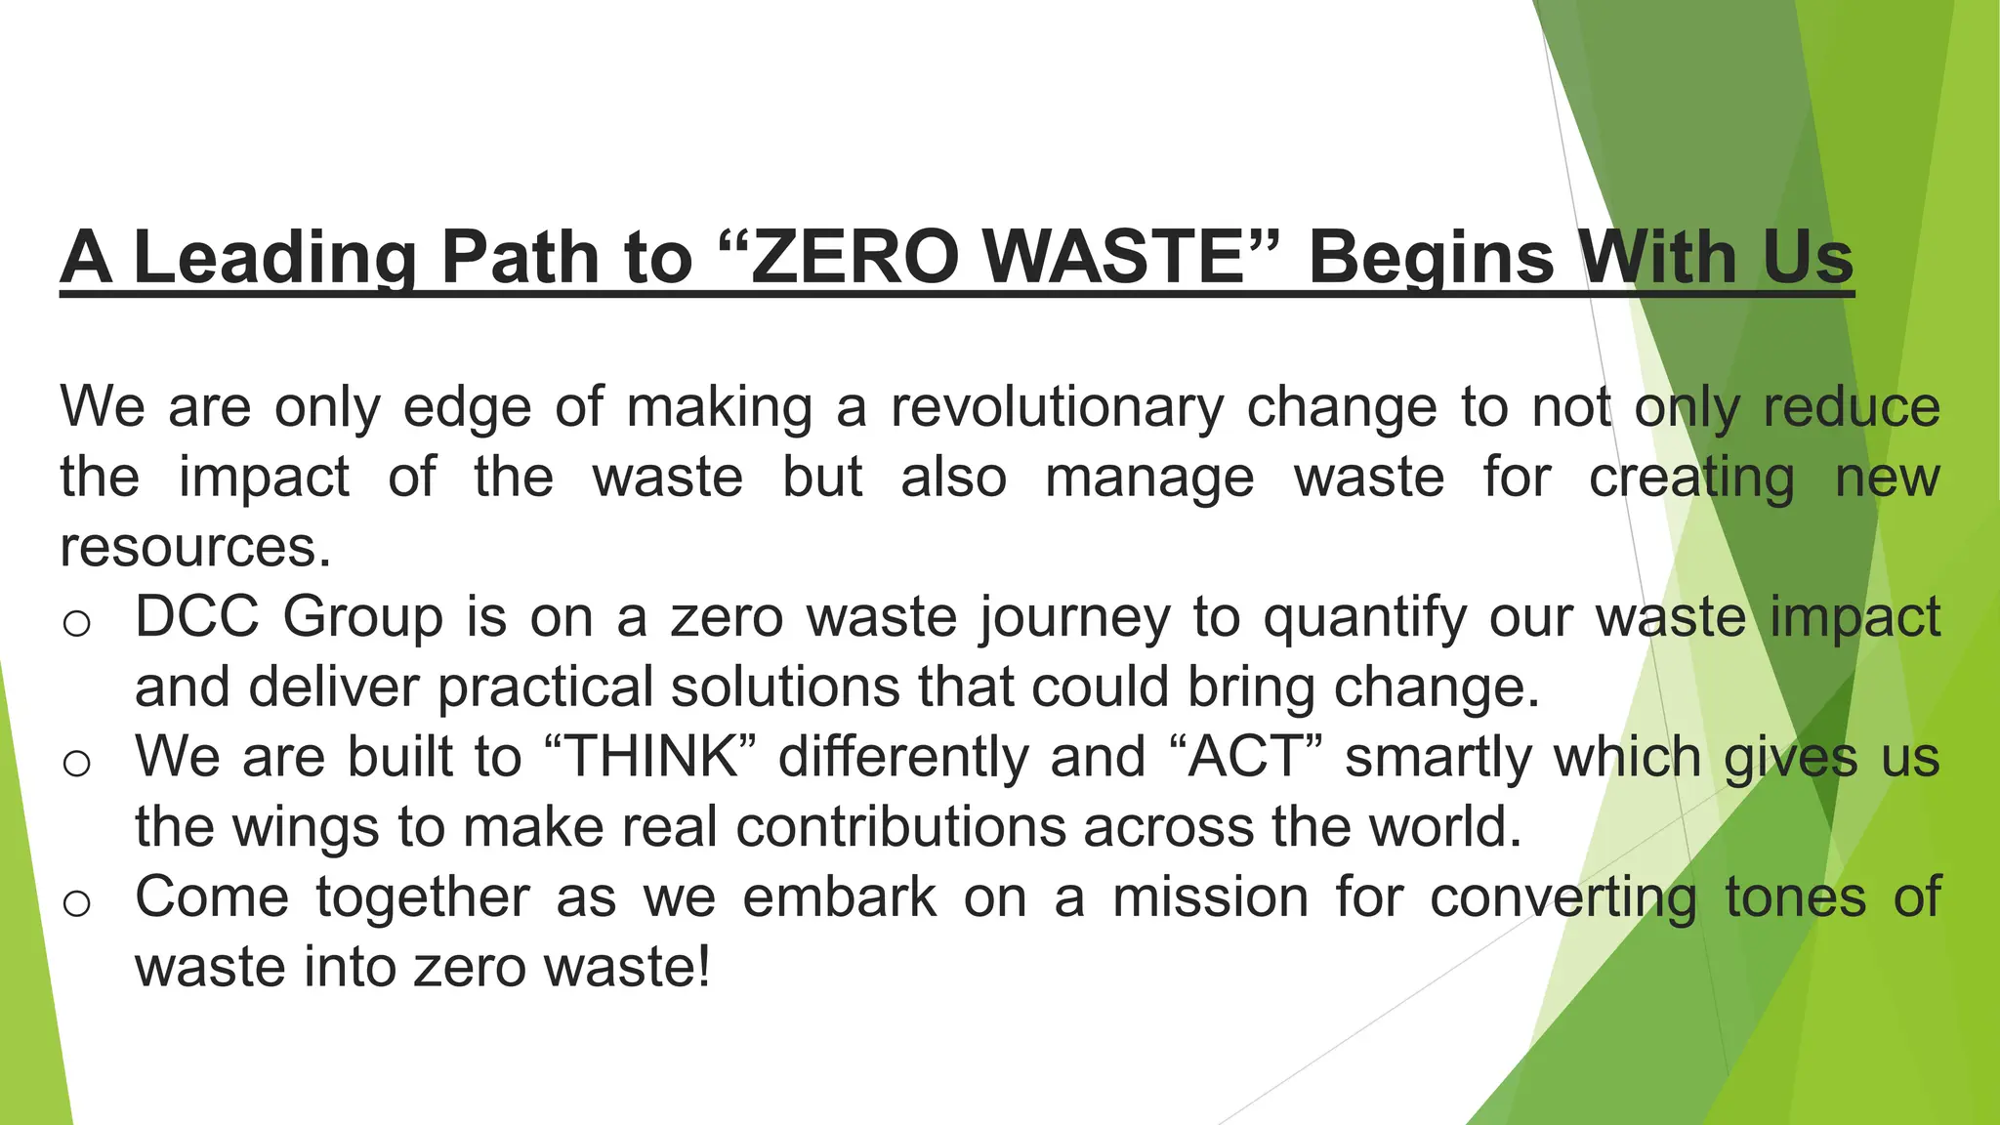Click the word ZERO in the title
pyautogui.click(x=855, y=258)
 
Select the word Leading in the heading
pyautogui.click(x=274, y=258)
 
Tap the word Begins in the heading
pyautogui.click(x=1431, y=258)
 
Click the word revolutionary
pyautogui.click(x=1057, y=407)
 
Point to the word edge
pyautogui.click(x=468, y=407)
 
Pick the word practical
pyautogui.click(x=545, y=687)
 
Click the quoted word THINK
pyautogui.click(x=651, y=757)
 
